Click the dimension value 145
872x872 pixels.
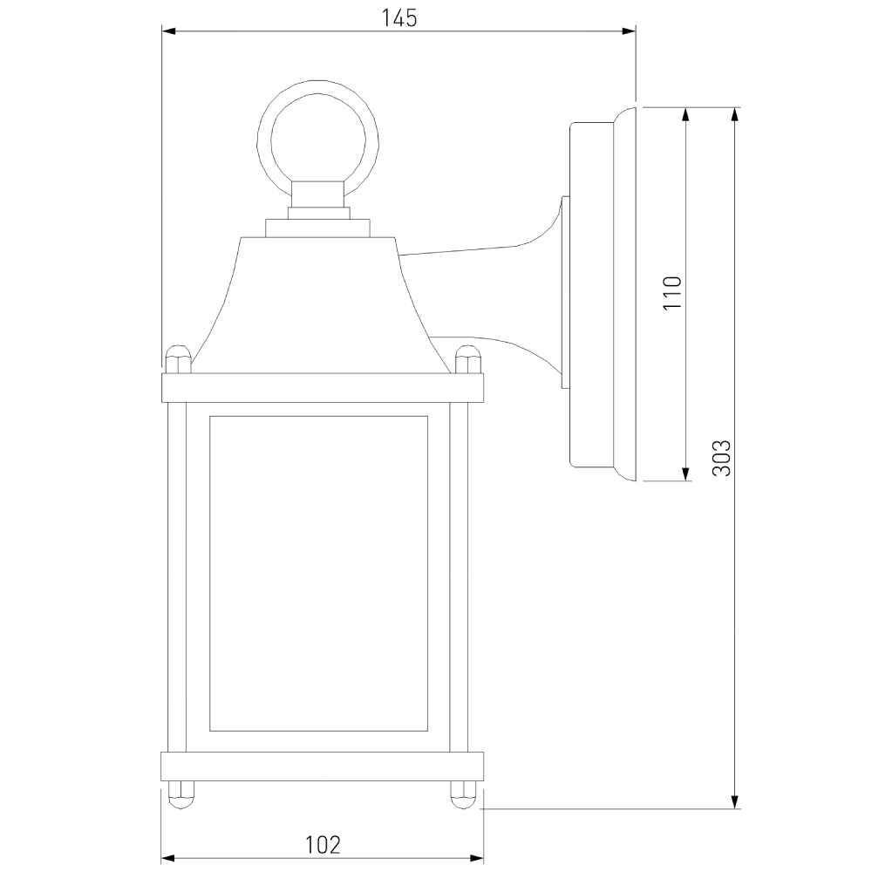tap(399, 17)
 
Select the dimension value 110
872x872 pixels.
tap(671, 294)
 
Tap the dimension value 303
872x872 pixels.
tap(720, 458)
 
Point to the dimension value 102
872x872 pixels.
tap(323, 844)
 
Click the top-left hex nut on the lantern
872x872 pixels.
tap(177, 358)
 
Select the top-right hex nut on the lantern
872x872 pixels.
tap(467, 358)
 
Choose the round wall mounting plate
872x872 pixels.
tap(602, 294)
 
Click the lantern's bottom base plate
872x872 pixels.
tap(322, 766)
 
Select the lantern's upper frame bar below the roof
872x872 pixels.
tap(322, 387)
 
